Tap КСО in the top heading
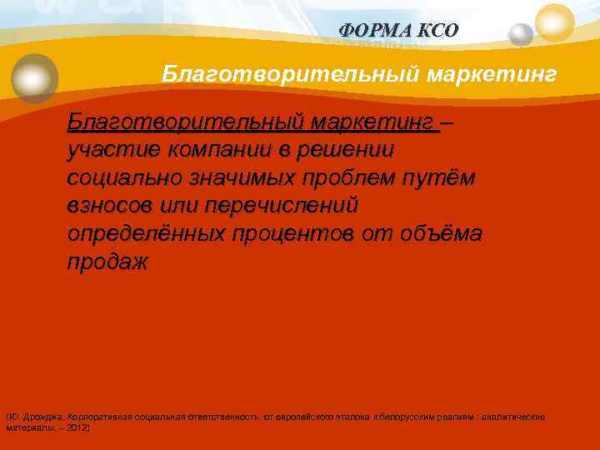click(x=440, y=30)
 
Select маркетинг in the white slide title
click(x=492, y=75)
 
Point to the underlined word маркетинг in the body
click(x=373, y=124)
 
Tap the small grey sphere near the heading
click(x=521, y=34)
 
